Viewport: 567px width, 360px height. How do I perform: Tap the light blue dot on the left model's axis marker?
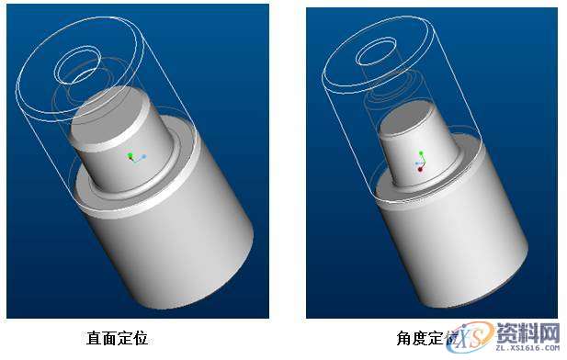[x=144, y=157]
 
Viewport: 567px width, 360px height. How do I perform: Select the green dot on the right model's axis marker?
[x=421, y=152]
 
